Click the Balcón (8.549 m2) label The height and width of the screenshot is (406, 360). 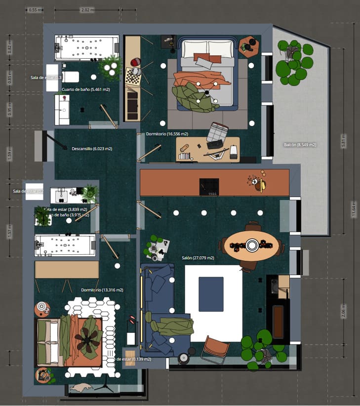click(300, 145)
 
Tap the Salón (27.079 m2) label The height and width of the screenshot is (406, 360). click(197, 258)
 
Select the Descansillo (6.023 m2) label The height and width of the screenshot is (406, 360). click(92, 148)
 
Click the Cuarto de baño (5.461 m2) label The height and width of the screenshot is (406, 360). click(85, 89)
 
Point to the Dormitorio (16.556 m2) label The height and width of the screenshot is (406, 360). click(167, 134)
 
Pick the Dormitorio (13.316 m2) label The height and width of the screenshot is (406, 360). click(102, 290)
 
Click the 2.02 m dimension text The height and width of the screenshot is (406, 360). click(87, 10)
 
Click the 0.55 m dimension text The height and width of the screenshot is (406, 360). click(35, 10)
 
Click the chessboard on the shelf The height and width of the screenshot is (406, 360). click(132, 76)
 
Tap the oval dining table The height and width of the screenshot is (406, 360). click(252, 246)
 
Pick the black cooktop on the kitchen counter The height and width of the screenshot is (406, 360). click(209, 186)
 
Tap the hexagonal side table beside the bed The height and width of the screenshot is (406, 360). click(249, 47)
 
